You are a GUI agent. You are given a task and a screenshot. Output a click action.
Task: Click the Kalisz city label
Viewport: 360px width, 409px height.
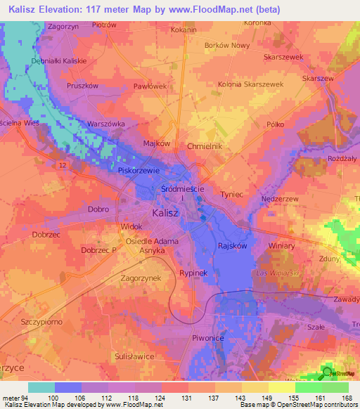pyautogui.click(x=165, y=212)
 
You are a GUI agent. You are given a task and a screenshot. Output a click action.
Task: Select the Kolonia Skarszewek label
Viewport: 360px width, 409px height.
pyautogui.click(x=271, y=84)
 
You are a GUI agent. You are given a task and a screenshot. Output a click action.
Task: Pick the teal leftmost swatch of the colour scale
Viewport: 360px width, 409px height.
pyautogui.click(x=41, y=387)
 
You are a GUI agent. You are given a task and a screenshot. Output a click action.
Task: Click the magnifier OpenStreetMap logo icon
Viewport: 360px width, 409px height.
pyautogui.click(x=327, y=372)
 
